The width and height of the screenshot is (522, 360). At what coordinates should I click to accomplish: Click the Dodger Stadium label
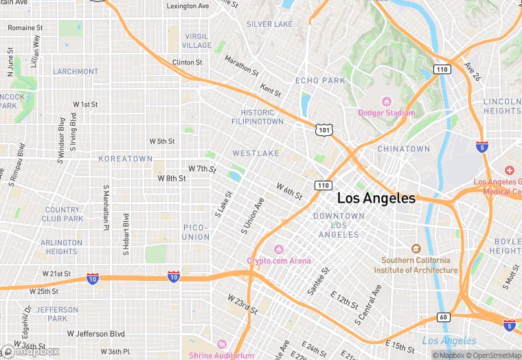(x=386, y=113)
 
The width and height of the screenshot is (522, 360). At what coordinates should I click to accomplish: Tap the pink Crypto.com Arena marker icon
(x=278, y=249)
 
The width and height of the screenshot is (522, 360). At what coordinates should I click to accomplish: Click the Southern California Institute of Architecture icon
(x=416, y=249)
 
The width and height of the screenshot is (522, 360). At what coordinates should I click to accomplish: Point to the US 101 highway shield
(x=324, y=129)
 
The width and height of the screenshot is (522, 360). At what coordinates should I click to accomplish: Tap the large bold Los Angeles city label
(x=376, y=199)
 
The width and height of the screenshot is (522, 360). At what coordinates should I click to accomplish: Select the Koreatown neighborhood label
(x=126, y=159)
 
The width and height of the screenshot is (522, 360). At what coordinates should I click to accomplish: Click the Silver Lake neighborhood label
(x=269, y=24)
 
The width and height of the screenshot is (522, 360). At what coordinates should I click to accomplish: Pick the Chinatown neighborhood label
(x=403, y=149)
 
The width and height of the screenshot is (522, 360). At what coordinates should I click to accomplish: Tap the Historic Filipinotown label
(x=262, y=117)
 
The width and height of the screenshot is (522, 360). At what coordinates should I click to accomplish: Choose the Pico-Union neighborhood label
(x=196, y=232)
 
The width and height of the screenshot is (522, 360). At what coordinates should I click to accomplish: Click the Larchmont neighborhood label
(x=76, y=71)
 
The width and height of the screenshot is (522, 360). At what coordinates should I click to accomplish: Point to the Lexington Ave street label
(x=188, y=6)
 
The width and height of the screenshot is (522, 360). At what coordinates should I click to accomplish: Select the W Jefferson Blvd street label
(x=96, y=334)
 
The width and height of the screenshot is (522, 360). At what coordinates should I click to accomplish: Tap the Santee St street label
(x=317, y=282)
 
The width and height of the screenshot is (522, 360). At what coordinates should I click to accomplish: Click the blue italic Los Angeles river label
(x=449, y=341)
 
